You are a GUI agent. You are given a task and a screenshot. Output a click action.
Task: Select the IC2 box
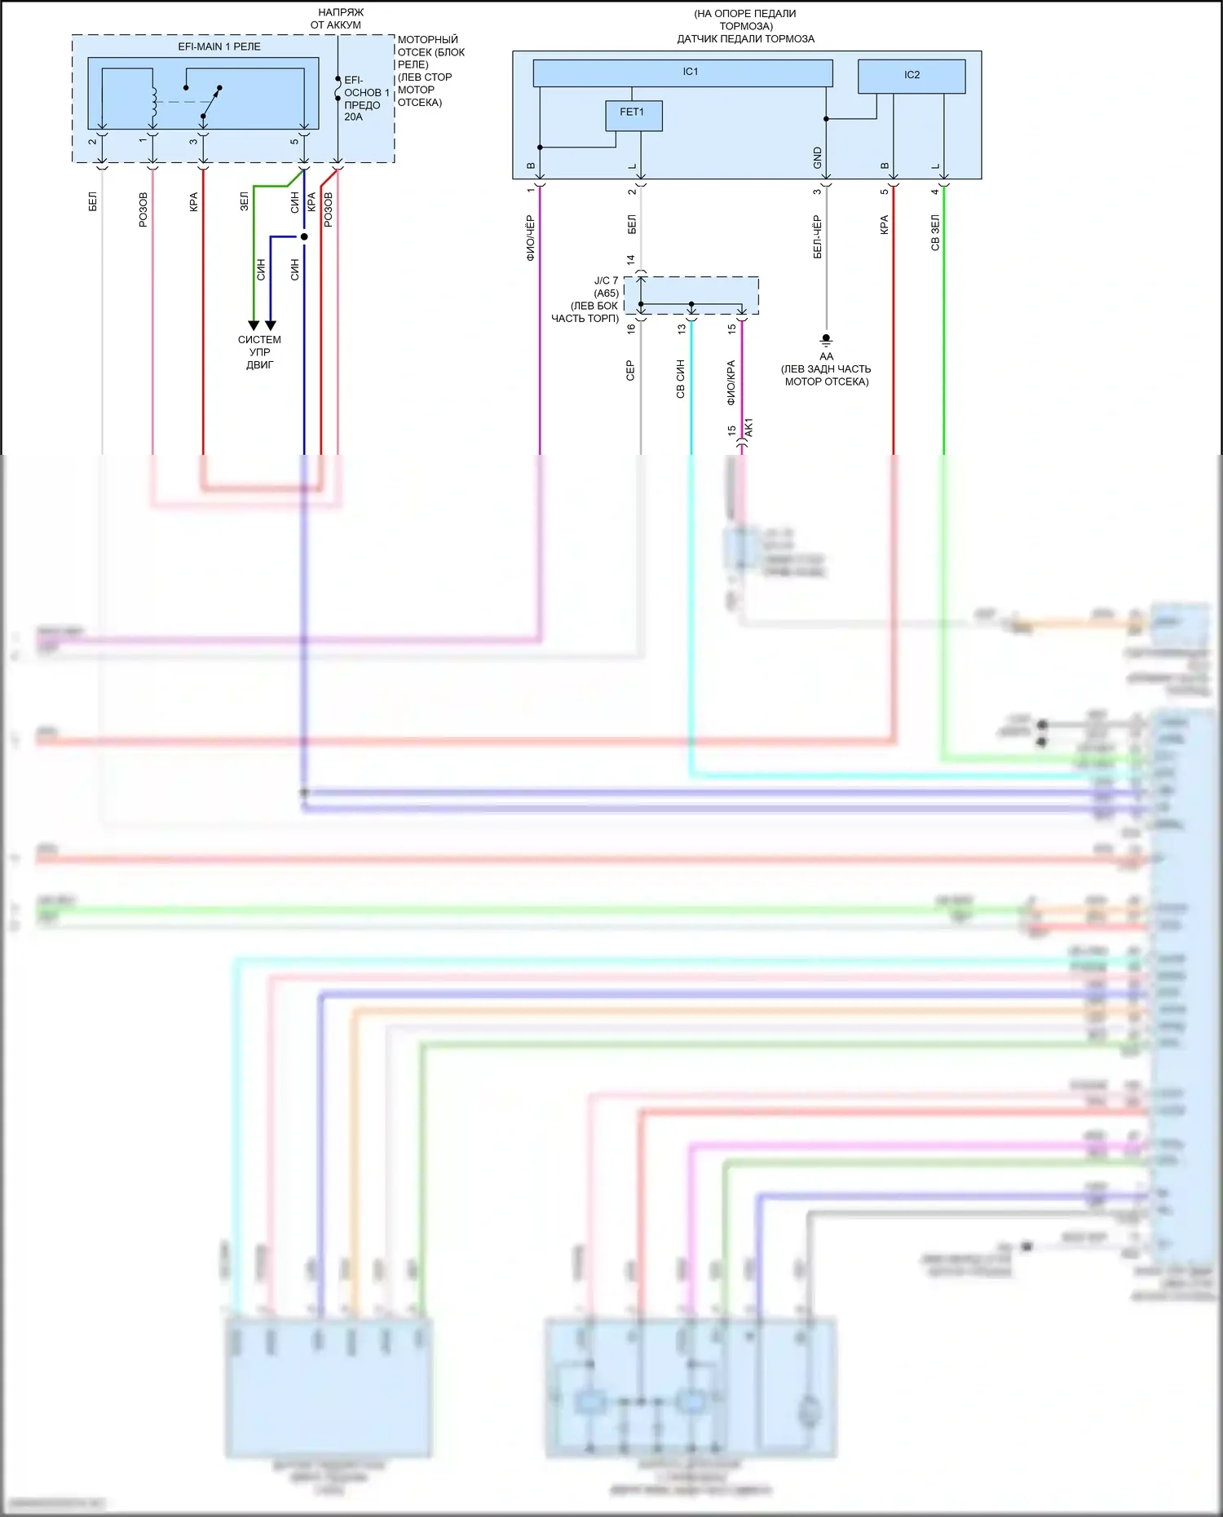click(912, 76)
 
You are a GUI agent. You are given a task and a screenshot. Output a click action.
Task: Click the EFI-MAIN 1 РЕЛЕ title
click(219, 47)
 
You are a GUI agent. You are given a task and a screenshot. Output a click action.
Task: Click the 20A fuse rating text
click(353, 117)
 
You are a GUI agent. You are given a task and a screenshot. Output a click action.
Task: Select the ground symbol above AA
click(826, 339)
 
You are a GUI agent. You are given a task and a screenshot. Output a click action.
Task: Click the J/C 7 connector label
click(606, 280)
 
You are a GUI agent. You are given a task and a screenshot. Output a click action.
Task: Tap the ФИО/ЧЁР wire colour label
click(530, 238)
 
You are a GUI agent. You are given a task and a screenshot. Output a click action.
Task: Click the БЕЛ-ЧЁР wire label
click(817, 237)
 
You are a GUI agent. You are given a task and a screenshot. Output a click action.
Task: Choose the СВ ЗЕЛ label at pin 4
click(935, 232)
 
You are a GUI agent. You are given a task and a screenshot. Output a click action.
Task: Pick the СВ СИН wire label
click(681, 379)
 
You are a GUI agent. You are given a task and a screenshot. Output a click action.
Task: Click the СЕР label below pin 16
click(630, 371)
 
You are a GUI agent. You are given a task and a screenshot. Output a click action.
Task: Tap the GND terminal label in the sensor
click(818, 158)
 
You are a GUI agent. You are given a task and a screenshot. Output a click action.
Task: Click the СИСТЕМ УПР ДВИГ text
click(259, 352)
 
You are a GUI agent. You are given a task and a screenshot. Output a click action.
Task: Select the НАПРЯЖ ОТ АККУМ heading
click(337, 19)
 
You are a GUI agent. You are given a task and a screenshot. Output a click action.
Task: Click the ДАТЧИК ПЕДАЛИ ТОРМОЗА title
click(745, 39)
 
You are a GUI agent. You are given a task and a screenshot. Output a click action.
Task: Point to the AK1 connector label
click(749, 427)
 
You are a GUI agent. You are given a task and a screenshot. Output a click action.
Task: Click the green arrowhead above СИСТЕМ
click(254, 325)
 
